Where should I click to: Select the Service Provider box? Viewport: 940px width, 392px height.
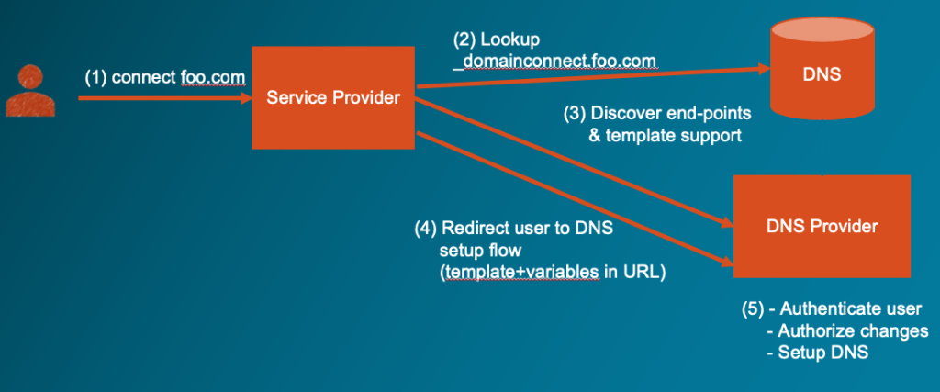pyautogui.click(x=333, y=97)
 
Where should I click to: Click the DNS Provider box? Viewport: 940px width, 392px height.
pyautogui.click(x=822, y=226)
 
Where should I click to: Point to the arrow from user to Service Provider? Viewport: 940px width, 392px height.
pyautogui.click(x=165, y=97)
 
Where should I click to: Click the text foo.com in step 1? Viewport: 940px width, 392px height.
pyautogui.click(x=213, y=78)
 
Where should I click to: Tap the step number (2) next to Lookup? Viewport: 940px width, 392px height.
pyautogui.click(x=465, y=40)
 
